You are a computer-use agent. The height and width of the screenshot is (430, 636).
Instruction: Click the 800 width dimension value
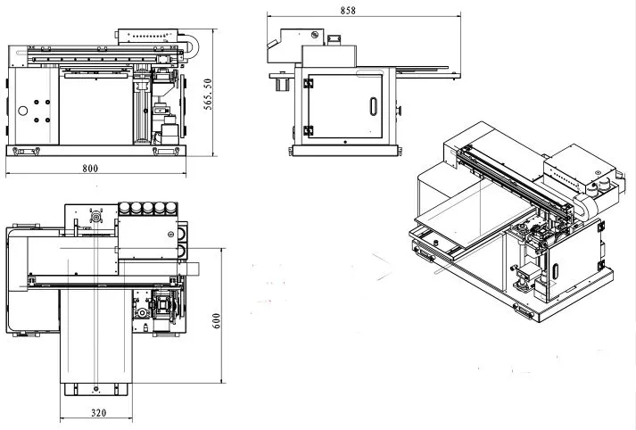click(x=90, y=168)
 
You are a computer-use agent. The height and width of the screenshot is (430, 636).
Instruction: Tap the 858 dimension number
click(x=348, y=10)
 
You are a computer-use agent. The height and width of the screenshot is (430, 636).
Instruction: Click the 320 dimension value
click(x=97, y=413)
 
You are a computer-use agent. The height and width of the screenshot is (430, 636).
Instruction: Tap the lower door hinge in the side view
click(x=309, y=130)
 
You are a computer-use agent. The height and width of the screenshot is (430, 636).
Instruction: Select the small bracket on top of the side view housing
click(x=335, y=37)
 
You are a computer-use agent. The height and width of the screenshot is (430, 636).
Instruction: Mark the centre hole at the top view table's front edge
click(x=94, y=389)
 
